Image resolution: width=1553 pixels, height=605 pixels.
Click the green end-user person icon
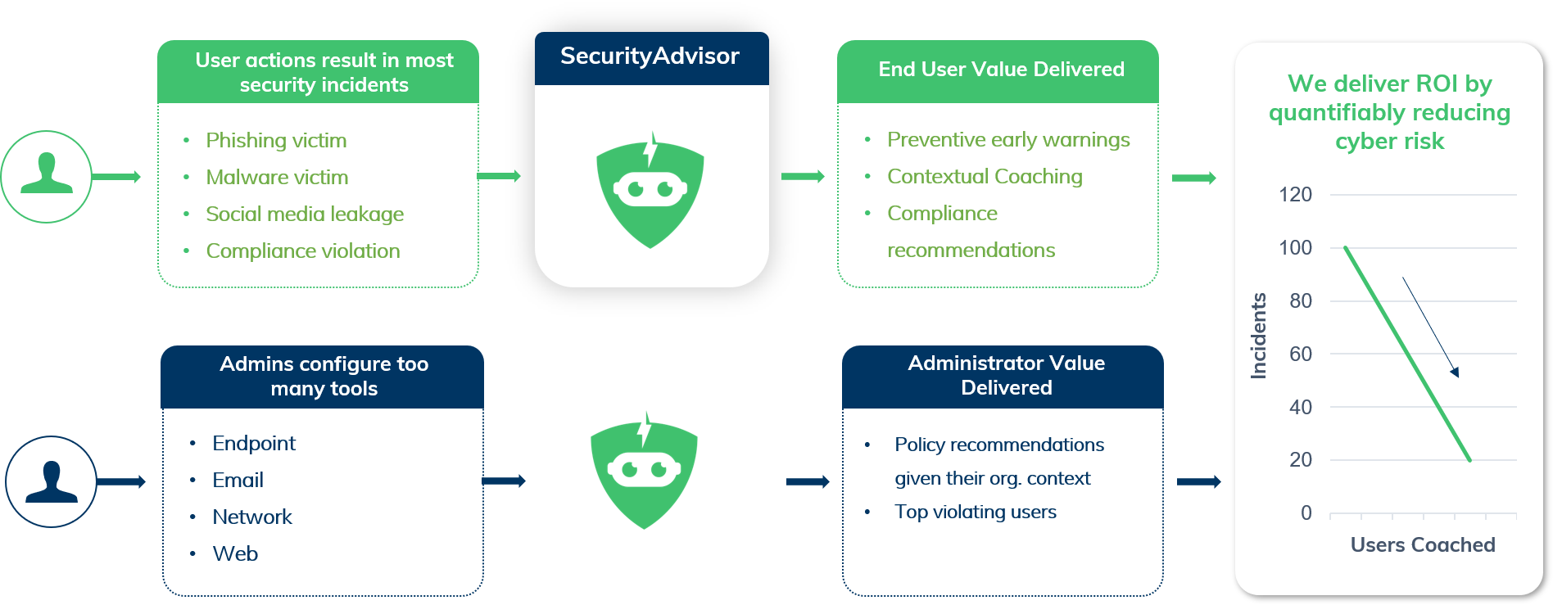47,176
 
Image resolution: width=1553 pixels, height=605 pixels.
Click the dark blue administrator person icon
52,481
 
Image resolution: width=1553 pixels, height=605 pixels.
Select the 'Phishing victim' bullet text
276,141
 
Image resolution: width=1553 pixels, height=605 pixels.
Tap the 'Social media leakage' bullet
305,214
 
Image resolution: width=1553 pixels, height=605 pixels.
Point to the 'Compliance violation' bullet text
303,251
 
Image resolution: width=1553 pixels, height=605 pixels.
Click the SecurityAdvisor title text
650,56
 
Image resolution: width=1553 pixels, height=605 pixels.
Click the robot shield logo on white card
650,191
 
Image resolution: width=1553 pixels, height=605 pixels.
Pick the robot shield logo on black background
645,470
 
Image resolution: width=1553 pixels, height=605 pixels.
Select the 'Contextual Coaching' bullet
985,177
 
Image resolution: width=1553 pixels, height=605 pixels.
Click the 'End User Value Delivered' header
1001,70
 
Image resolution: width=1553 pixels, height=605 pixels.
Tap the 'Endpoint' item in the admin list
254,444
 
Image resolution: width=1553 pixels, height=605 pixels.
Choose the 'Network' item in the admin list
252,517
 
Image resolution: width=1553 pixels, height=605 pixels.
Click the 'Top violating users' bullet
976,512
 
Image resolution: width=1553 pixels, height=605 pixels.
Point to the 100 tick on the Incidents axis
1295,248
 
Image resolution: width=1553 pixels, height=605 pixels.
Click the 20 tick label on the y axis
1301,460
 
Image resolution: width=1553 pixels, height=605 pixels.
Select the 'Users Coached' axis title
1423,545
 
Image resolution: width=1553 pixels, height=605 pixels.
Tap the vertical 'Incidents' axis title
1258,336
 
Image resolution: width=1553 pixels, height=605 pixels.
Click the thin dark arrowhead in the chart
1455,372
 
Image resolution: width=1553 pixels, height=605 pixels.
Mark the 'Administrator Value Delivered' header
1006,376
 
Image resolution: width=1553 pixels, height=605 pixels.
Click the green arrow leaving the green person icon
116,177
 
